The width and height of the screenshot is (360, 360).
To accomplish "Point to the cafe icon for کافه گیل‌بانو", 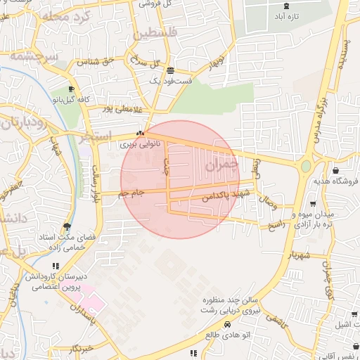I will click(71, 89).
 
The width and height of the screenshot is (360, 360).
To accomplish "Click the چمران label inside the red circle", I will click(221, 165).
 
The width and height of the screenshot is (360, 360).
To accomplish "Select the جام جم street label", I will click(131, 192).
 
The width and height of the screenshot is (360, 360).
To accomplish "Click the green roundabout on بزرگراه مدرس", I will click(306, 167).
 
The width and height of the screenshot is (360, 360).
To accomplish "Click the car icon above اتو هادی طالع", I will click(227, 324).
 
